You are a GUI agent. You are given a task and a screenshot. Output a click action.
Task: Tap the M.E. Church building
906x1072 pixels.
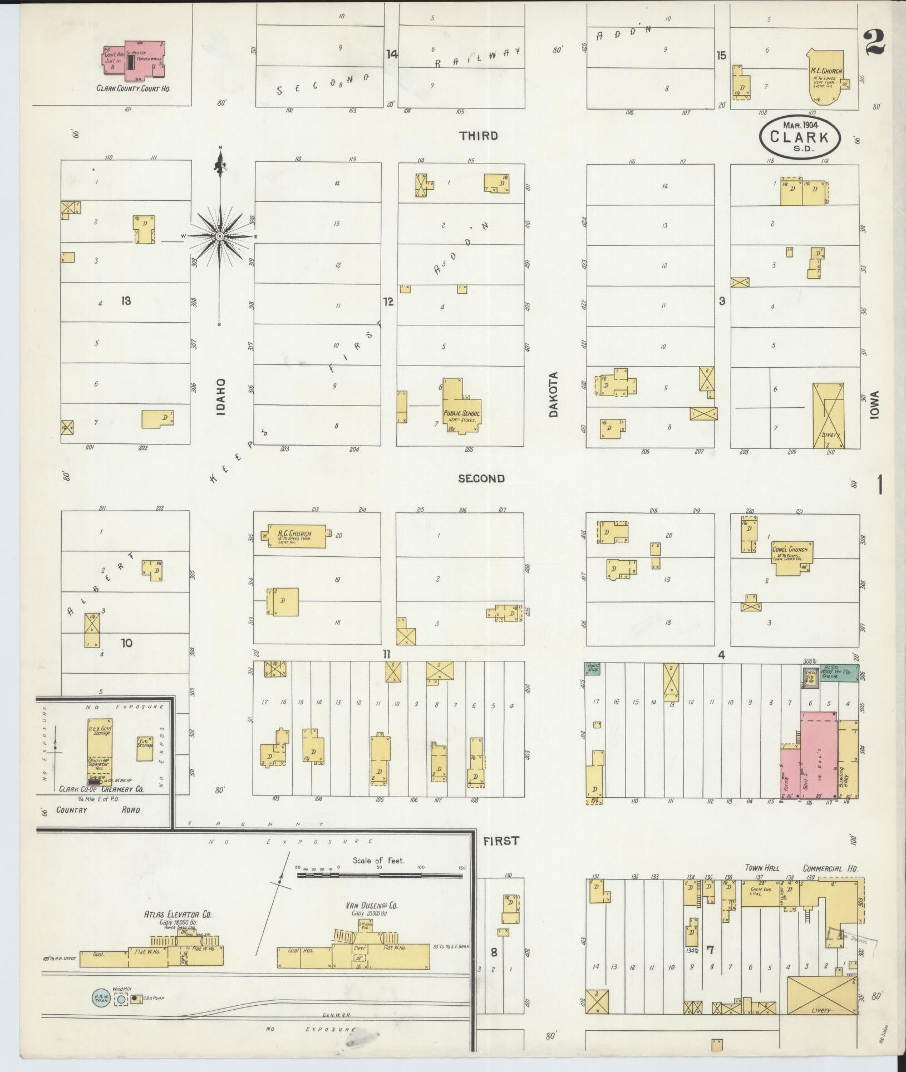(826, 75)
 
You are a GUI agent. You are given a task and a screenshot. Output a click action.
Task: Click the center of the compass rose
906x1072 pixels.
(220, 236)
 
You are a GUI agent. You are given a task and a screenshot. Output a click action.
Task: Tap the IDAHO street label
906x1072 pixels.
(221, 397)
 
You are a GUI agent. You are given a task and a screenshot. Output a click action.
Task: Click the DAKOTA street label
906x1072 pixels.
(553, 394)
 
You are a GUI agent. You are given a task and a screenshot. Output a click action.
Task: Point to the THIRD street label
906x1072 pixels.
(479, 135)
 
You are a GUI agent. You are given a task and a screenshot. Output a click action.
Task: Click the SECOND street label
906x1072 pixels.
(481, 478)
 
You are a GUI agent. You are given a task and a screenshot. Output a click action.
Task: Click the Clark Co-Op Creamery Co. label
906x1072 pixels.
(101, 789)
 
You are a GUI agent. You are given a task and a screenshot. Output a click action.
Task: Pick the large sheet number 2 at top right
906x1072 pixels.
(875, 43)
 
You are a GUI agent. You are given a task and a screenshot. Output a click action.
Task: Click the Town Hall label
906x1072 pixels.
(762, 868)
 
